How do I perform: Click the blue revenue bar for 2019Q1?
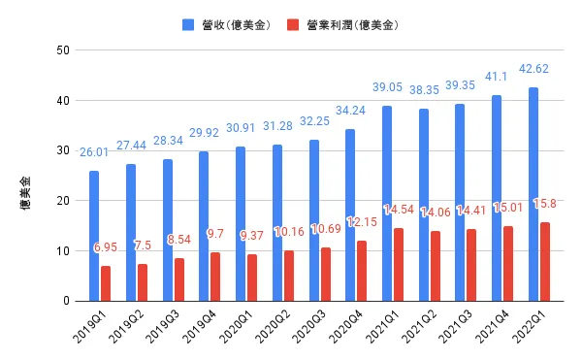coord(94,236)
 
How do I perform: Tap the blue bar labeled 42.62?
coord(533,194)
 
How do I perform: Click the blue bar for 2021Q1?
coord(387,204)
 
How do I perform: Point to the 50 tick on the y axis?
coord(61,50)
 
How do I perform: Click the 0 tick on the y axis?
coord(65,301)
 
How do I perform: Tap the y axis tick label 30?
coord(61,150)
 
